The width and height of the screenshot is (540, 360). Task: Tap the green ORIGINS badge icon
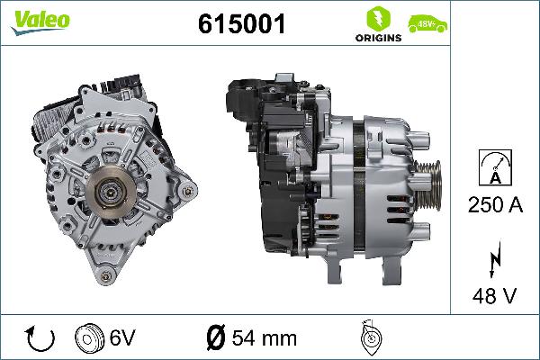coord(372,19)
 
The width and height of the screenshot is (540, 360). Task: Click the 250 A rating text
coord(494,204)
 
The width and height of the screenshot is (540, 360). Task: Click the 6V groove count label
coord(121,338)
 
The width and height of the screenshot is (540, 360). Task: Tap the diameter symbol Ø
coord(215,338)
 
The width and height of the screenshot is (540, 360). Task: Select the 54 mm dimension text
coord(264,338)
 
